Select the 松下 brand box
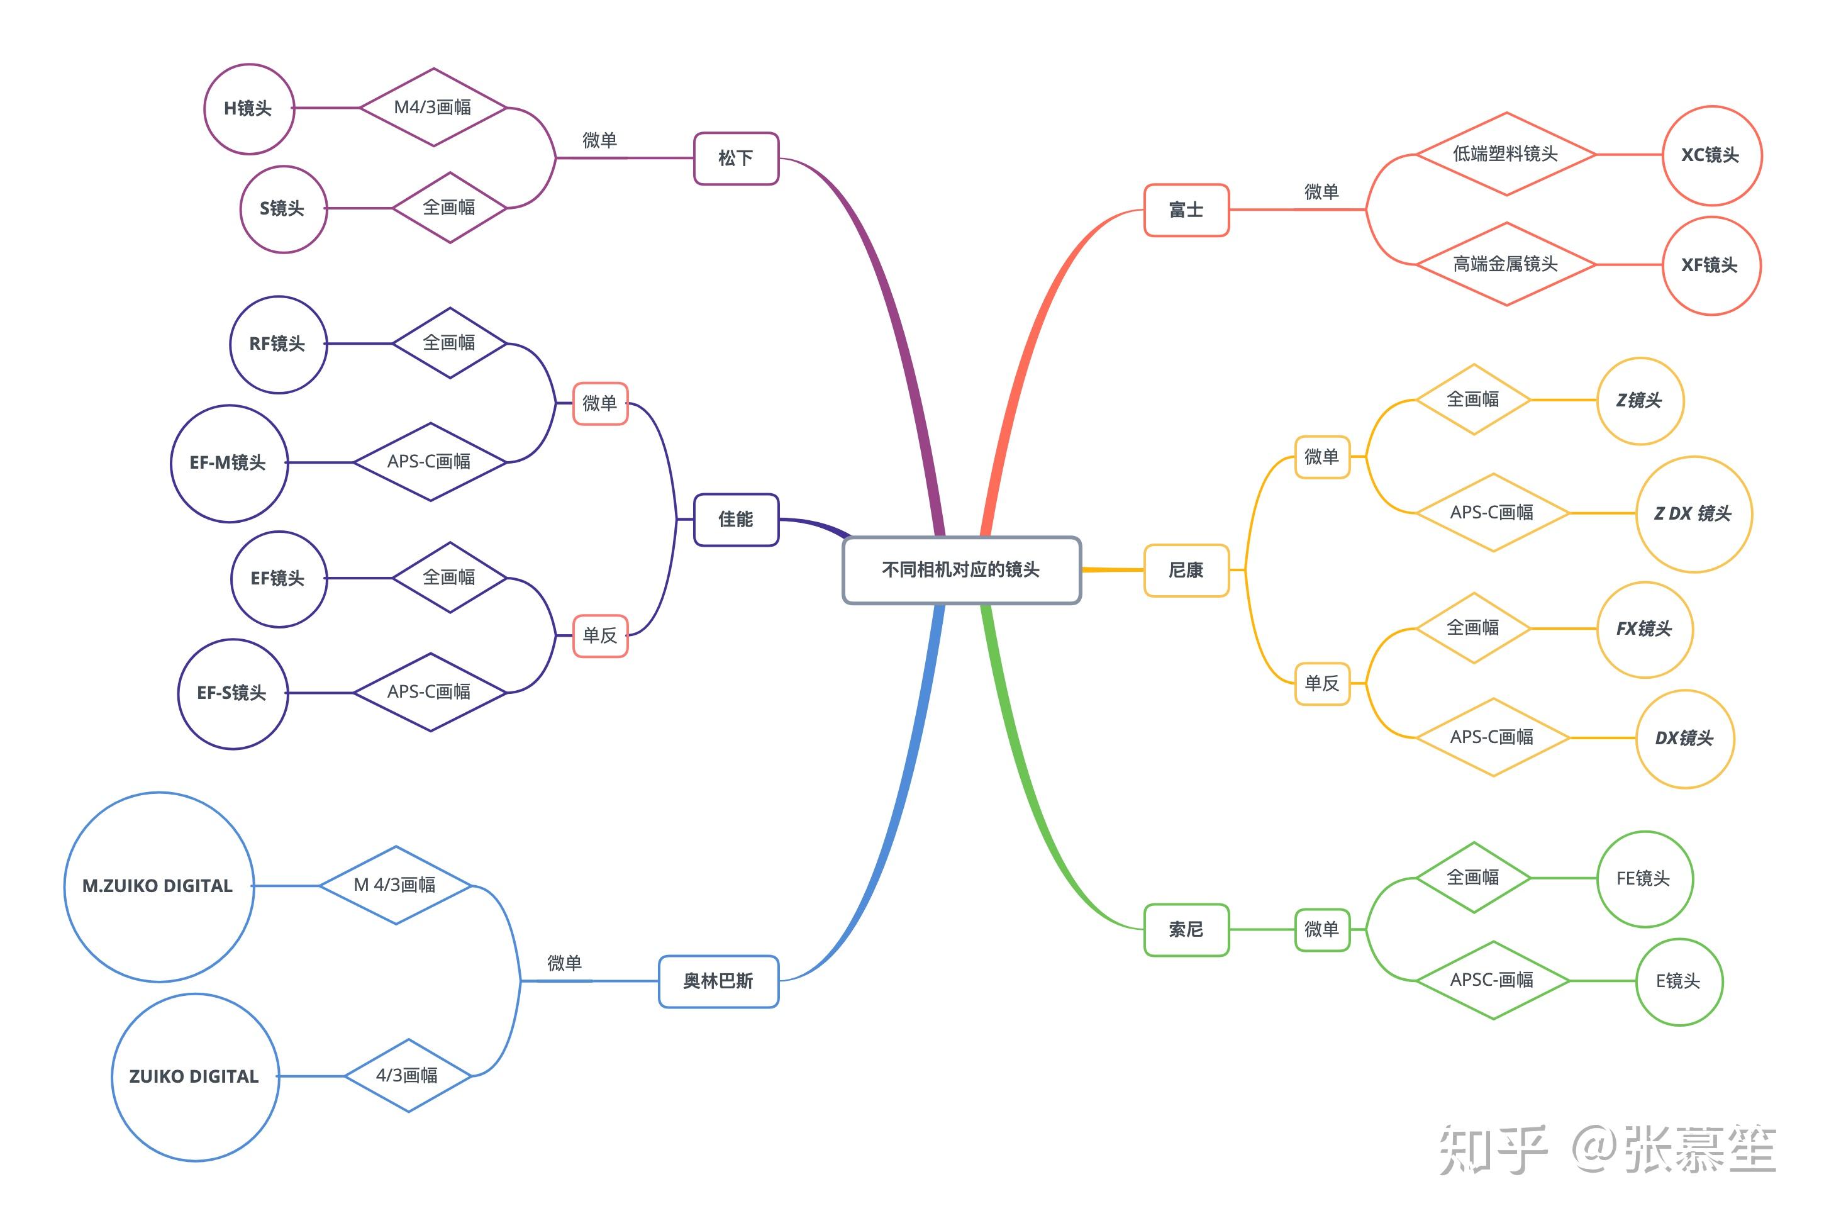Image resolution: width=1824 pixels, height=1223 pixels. pos(736,159)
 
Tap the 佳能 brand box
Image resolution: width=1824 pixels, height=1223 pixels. pos(736,520)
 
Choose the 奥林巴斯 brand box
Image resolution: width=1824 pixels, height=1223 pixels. pos(718,981)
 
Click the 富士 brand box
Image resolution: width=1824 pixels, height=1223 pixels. pos(1186,210)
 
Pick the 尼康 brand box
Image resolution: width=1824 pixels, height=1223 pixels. pos(1186,570)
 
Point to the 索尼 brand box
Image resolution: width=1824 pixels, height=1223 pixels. pos(1186,930)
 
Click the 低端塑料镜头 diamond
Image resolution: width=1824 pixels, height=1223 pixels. pos(1506,154)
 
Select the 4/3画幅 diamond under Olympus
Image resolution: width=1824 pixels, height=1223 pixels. pos(408,1076)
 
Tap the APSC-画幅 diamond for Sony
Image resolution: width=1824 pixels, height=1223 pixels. pos(1493,980)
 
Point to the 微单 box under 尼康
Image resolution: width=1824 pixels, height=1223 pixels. pos(1322,457)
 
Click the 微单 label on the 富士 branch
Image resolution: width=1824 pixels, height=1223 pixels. pos(1322,192)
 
